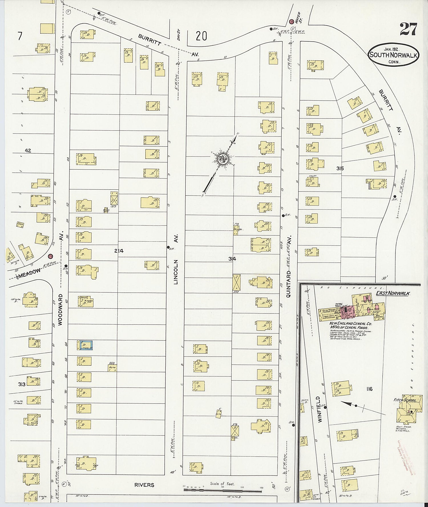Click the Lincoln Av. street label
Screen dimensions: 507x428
pyautogui.click(x=176, y=259)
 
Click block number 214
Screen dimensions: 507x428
pyautogui.click(x=119, y=251)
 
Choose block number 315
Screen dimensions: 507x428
pyautogui.click(x=340, y=168)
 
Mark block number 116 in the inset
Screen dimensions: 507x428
pyautogui.click(x=369, y=389)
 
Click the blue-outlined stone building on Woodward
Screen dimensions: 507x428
pyautogui.click(x=86, y=345)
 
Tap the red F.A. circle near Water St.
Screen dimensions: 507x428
pyautogui.click(x=292, y=22)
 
